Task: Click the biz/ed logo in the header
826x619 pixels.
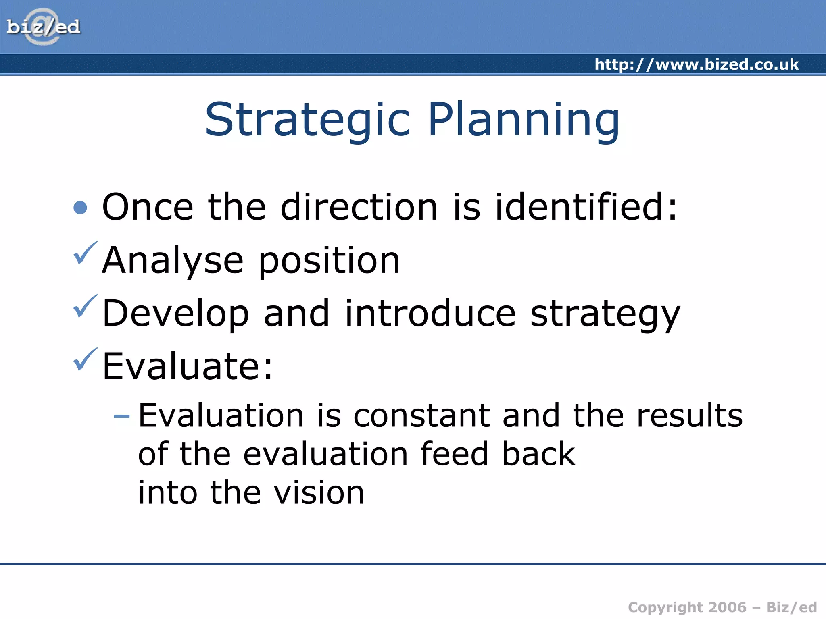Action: pos(43,27)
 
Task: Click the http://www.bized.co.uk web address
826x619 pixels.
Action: pos(697,64)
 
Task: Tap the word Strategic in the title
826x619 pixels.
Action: pos(307,120)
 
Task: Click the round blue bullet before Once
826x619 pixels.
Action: pos(81,208)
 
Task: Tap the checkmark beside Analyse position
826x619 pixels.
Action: pos(85,253)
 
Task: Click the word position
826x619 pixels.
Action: pos(329,261)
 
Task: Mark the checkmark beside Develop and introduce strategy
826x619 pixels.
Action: pos(85,307)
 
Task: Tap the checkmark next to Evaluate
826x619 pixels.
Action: pos(85,359)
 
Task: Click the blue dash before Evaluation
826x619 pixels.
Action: pos(121,416)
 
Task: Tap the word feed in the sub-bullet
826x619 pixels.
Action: pos(455,454)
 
